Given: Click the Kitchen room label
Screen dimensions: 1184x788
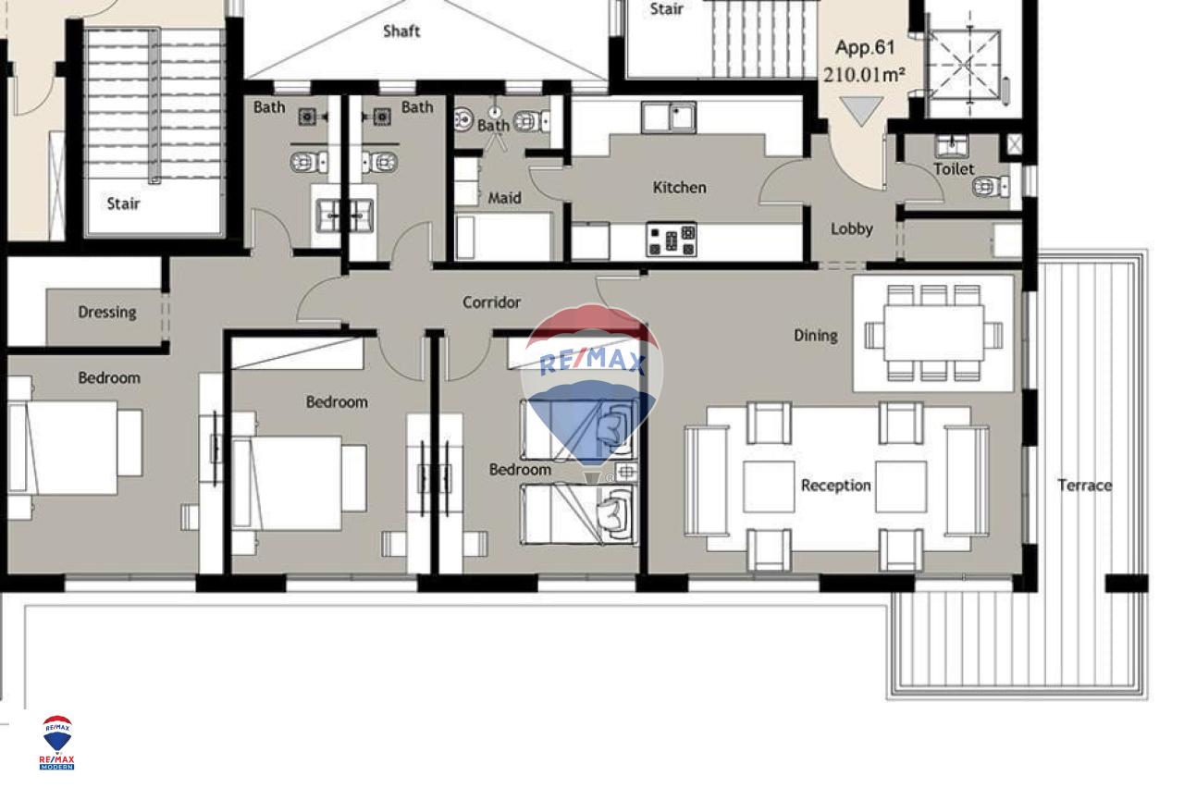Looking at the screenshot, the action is point(679,188).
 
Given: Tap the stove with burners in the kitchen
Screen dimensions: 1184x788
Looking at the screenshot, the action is point(672,240).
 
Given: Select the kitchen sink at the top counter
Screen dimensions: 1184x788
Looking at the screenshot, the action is point(669,117).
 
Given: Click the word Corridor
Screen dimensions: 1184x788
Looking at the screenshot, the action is point(491,302).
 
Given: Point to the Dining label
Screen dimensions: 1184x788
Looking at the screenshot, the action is point(816,336).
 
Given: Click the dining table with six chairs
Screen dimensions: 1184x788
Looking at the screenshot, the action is point(933,333).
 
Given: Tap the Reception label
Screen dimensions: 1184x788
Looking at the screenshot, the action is point(835,486).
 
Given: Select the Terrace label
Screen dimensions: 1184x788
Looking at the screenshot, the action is point(1085,486).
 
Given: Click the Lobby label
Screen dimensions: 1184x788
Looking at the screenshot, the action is point(852,228).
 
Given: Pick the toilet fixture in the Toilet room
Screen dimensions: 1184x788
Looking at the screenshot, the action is point(991,187).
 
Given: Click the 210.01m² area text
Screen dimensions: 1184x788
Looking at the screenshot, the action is point(864,75).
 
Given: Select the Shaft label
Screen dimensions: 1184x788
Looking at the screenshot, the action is point(401,31).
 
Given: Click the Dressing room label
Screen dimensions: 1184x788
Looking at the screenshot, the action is point(107,313).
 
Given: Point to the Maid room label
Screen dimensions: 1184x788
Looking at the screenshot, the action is point(504,198).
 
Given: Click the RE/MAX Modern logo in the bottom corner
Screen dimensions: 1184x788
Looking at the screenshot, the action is point(57,742).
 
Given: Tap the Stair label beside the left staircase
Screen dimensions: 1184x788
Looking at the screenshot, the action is point(123,203).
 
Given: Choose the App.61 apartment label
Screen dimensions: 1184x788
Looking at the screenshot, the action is point(865,47).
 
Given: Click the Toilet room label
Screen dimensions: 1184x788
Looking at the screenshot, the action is point(954,169).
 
